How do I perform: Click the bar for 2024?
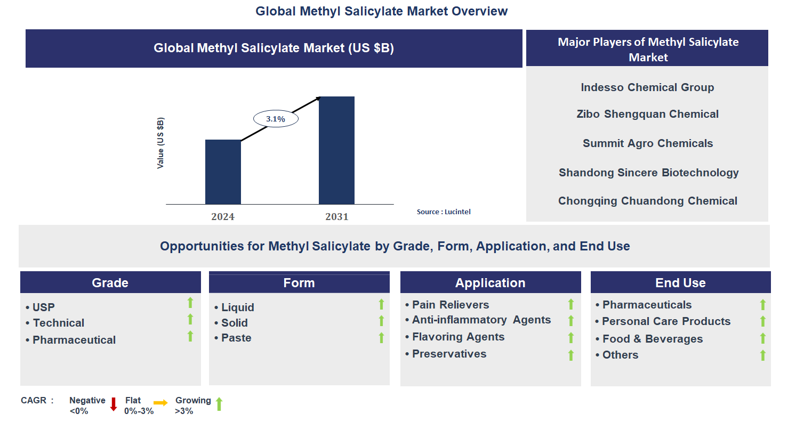[x=223, y=172]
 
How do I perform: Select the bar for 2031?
[x=336, y=150]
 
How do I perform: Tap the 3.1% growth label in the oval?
[x=276, y=119]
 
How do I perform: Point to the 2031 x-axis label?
[x=336, y=216]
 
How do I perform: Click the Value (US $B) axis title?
[x=160, y=143]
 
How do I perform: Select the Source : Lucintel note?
[x=444, y=212]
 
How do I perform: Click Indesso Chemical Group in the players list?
[x=647, y=87]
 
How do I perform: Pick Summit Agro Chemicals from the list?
[x=647, y=143]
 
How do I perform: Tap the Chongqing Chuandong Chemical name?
[x=647, y=201]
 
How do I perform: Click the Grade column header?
[x=110, y=282]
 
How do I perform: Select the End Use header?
[x=680, y=282]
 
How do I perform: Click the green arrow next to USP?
[x=190, y=303]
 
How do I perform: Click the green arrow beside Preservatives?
[x=570, y=355]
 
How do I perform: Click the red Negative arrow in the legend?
[x=114, y=404]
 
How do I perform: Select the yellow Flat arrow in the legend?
[x=160, y=403]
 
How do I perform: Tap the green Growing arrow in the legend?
[x=219, y=404]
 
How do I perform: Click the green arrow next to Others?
[x=762, y=355]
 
